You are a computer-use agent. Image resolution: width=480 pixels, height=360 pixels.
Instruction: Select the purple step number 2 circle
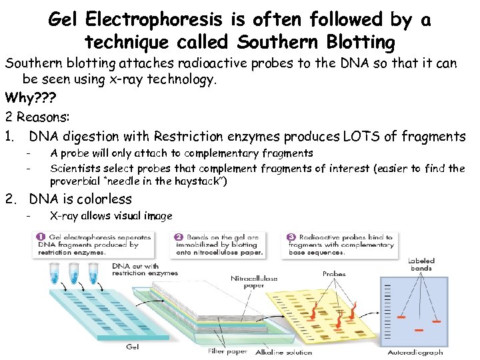[x=179, y=237]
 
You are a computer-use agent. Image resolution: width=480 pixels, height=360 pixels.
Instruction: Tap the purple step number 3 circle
[x=292, y=237]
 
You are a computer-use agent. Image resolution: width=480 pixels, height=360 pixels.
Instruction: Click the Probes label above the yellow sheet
[x=334, y=274]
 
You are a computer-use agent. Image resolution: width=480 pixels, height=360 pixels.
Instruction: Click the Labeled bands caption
[x=421, y=264]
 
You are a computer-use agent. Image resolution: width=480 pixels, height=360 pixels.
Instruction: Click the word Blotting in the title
[x=363, y=42]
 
